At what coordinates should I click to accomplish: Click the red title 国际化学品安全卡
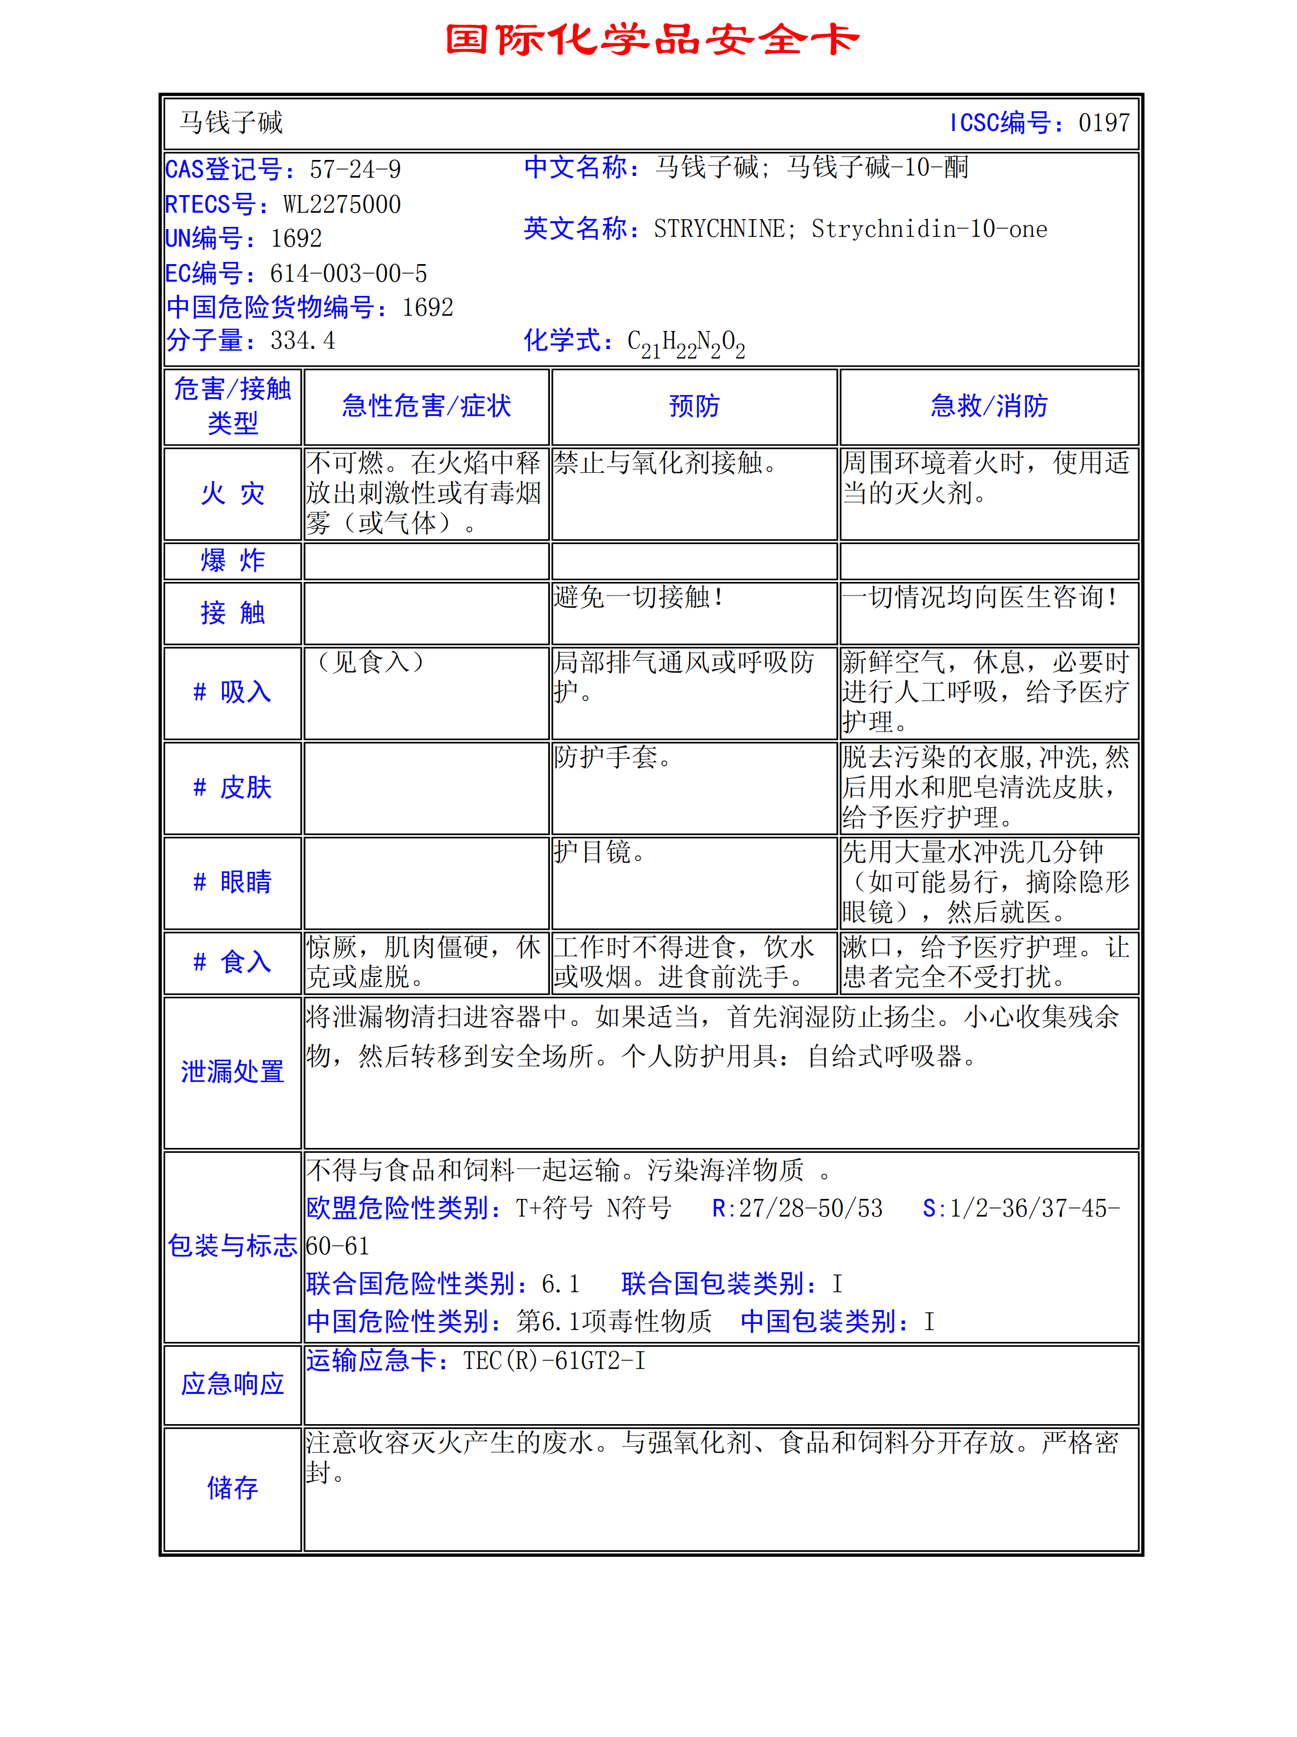[652, 40]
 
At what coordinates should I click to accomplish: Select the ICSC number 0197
[1103, 123]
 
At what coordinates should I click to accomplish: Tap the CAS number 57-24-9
[355, 169]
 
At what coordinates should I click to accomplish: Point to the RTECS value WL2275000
[342, 204]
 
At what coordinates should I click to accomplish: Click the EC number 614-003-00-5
[348, 273]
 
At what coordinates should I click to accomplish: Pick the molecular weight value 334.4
[302, 341]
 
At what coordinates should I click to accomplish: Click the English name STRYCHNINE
[719, 228]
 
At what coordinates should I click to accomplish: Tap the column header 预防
[694, 406]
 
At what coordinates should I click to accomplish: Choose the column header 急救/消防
[989, 406]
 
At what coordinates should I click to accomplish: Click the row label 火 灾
[232, 494]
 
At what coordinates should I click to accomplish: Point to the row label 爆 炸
[232, 561]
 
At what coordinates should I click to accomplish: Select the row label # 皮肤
[232, 787]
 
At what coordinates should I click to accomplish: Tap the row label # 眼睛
[232, 882]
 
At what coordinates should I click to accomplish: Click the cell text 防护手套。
[612, 757]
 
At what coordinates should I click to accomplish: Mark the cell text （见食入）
[370, 662]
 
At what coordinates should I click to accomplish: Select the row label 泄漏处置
[232, 1071]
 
